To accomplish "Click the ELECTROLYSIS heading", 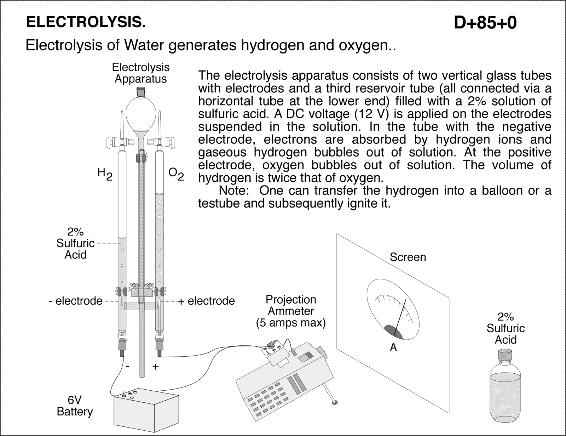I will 86,22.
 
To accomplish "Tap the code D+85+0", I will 485,23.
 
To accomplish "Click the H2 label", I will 105,174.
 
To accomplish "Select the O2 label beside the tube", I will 176,174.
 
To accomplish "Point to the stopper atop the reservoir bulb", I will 141,92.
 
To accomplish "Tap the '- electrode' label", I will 75,301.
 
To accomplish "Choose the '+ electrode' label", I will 206,301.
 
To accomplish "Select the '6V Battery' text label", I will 75,406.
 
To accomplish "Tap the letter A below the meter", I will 393,348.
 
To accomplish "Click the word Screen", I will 408,257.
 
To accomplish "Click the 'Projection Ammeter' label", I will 291,305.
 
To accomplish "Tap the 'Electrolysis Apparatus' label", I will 140,73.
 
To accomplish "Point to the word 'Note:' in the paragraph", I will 233,191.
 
